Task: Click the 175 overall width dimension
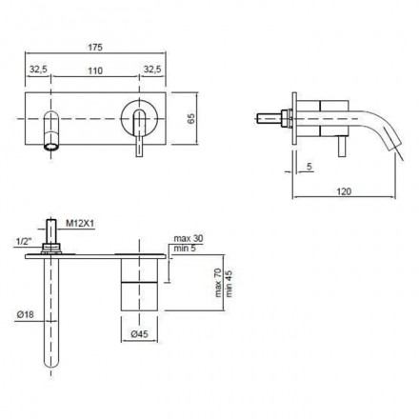[x=95, y=48]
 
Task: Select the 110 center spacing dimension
[x=95, y=70]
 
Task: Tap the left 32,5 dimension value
[x=38, y=70]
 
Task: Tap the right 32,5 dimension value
[x=152, y=70]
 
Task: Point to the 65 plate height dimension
[x=191, y=118]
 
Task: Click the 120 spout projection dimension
[x=344, y=191]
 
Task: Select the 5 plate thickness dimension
[x=309, y=167]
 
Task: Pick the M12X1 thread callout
[x=80, y=224]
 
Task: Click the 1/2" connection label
[x=24, y=242]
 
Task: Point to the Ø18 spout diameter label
[x=26, y=314]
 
